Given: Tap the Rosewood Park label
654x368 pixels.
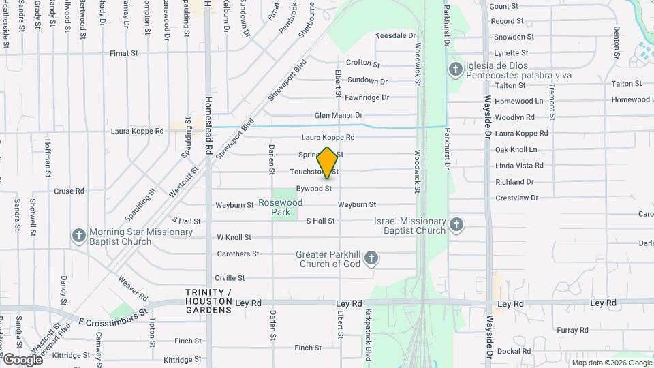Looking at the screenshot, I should pos(279,208).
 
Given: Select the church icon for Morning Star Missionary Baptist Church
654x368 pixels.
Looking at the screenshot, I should pos(78,236).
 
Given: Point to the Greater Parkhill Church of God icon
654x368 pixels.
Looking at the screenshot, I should pos(371,258).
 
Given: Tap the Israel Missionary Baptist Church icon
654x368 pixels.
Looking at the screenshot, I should pos(456,225).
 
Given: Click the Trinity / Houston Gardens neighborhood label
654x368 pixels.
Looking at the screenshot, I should pos(209,301).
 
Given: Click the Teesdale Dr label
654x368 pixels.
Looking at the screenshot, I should pos(395,35).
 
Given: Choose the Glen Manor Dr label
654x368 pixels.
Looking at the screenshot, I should pos(338,115).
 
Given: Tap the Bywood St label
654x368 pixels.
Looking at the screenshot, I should pos(313,189).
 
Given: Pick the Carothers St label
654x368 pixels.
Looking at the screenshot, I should pos(238,254).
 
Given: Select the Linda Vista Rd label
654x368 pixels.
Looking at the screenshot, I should pos(519,166).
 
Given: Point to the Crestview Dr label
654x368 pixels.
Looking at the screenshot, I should pos(516,198).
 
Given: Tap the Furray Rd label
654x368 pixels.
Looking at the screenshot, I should pos(567,330).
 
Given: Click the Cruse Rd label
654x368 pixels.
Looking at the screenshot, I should pos(69,191).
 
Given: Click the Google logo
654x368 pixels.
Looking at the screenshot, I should pos(22,359).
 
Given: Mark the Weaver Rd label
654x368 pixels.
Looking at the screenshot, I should pos(132,287).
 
